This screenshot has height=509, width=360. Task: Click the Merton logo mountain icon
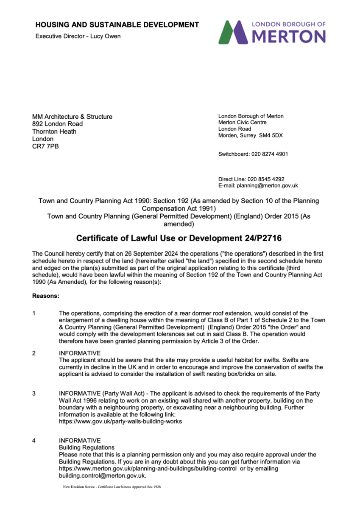[x=234, y=32]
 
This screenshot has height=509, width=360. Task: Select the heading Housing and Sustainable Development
[x=117, y=25]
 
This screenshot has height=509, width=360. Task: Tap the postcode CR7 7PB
[x=45, y=146]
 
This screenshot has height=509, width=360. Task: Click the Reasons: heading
[x=46, y=295]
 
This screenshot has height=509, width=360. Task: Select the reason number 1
[x=34, y=313]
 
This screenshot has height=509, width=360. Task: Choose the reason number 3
[x=34, y=394]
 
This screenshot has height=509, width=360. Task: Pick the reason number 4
[x=34, y=440]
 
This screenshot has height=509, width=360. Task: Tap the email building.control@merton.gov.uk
[x=102, y=476]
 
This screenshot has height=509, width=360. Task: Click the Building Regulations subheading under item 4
[x=87, y=447]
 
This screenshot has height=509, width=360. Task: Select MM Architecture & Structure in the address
[x=72, y=117]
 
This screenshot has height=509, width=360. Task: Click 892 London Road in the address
[x=58, y=124]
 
